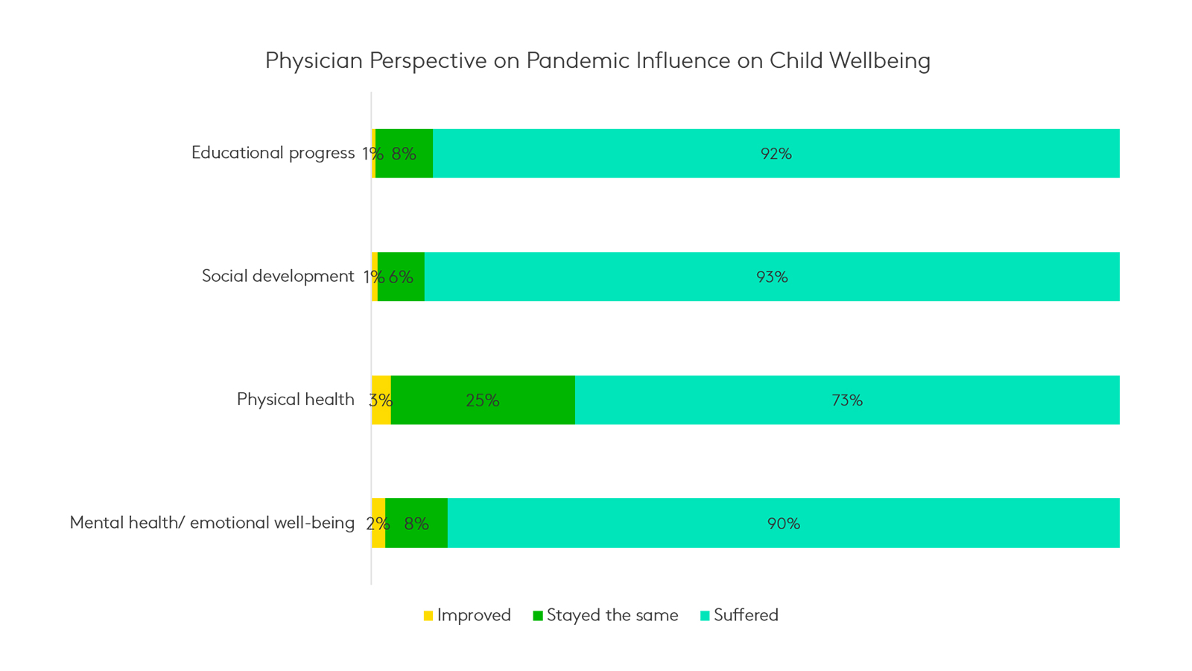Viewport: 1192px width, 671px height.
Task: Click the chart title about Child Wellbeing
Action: (597, 60)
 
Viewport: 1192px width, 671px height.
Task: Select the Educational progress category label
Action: (273, 153)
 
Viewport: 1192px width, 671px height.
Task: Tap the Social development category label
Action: (278, 277)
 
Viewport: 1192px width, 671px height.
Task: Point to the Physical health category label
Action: (295, 400)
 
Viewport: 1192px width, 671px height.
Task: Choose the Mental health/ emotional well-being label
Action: (212, 523)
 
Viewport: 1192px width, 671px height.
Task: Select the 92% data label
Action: (776, 154)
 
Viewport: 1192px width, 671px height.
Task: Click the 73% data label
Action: (847, 400)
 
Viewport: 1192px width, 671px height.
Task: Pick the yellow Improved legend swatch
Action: (428, 616)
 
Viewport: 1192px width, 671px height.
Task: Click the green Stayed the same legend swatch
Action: (538, 616)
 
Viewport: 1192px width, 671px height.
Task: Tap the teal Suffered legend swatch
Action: (705, 616)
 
